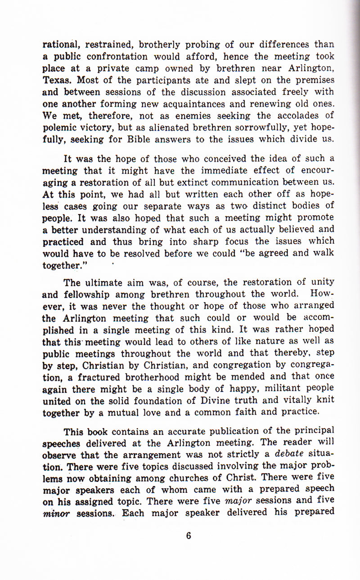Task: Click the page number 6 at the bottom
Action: point(189,535)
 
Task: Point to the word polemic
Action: point(59,127)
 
